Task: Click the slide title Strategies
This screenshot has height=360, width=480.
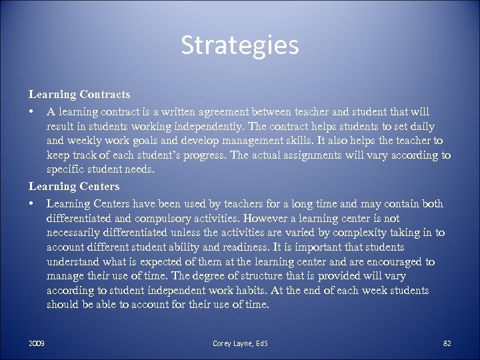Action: point(239,46)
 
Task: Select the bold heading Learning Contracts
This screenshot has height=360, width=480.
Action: point(79,95)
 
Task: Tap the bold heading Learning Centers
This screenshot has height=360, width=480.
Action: point(74,186)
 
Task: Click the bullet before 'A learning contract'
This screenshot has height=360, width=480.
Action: point(31,111)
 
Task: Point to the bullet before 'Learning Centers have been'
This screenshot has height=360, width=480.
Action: point(31,203)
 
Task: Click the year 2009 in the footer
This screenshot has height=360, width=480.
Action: point(37,343)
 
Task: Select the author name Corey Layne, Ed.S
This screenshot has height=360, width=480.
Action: point(240,343)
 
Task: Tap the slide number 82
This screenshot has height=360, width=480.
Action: point(447,343)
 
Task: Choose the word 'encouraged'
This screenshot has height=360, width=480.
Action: point(393,262)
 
